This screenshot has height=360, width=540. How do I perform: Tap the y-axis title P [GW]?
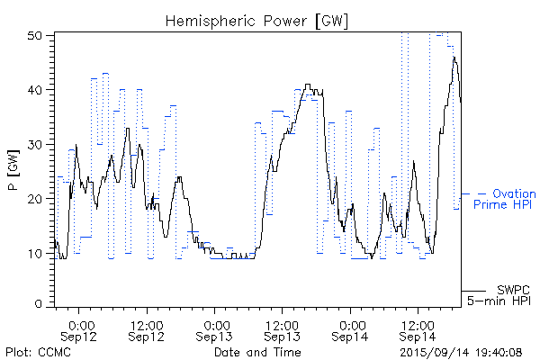(x=13, y=169)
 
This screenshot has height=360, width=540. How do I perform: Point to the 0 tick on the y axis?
(x=40, y=304)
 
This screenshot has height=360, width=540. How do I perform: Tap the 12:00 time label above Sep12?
(x=146, y=324)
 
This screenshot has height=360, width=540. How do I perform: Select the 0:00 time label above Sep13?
(x=215, y=324)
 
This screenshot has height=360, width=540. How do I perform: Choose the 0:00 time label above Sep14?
(x=351, y=324)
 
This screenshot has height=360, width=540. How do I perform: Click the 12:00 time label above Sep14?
(x=416, y=324)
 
